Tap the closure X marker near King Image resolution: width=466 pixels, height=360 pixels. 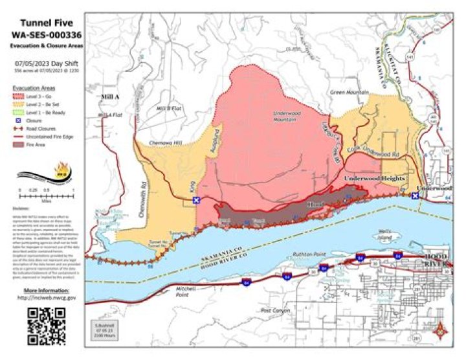[x=197, y=200]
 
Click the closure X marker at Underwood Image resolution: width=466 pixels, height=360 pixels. [x=415, y=196]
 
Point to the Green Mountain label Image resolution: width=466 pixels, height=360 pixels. [x=349, y=93]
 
